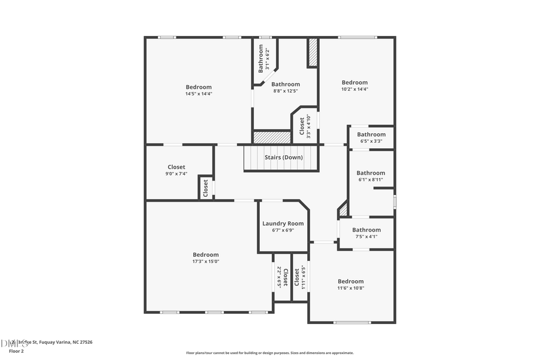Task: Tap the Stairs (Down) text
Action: tap(284, 157)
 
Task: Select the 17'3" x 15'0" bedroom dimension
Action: tap(206, 261)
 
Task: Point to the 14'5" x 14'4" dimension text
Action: tap(199, 94)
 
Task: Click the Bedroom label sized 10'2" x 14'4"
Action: tap(355, 82)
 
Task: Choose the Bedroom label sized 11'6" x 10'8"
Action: tap(350, 281)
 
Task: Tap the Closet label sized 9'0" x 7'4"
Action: tap(176, 167)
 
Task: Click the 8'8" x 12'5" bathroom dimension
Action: tap(286, 91)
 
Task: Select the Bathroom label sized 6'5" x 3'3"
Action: tap(371, 134)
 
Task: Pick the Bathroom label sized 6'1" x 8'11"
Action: tap(371, 173)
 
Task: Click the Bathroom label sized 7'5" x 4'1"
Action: tap(366, 230)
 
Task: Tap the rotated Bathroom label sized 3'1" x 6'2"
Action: tap(261, 58)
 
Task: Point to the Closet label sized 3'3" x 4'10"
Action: tap(301, 127)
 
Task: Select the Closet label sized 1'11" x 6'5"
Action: tap(296, 277)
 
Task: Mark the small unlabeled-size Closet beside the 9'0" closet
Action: tap(206, 188)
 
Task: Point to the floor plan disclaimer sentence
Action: tap(269, 353)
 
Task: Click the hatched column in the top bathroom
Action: tap(312, 53)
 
